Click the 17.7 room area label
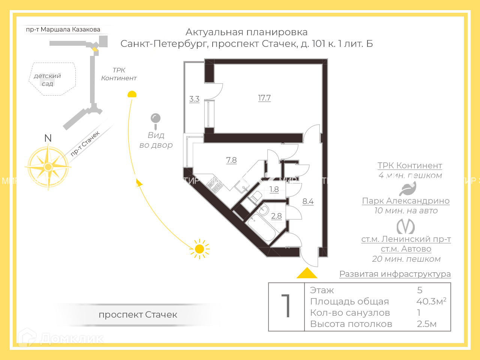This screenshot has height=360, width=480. point(264,98)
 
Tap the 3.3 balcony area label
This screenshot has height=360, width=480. point(194,99)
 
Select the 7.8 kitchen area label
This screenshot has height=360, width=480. point(231,160)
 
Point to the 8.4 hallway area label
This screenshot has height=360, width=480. point(308,201)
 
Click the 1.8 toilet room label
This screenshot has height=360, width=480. point(274,189)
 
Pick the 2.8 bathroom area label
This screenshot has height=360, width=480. point(276,216)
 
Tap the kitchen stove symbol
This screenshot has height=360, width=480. point(215,184)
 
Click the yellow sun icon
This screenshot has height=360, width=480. point(199,249)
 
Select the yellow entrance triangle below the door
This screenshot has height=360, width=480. point(307,273)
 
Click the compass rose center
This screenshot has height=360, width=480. point(48,166)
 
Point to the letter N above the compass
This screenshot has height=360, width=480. point(48,138)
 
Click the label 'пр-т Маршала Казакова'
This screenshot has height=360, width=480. point(63,29)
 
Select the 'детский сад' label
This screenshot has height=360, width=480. point(47,79)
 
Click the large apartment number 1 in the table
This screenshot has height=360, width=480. point(286,306)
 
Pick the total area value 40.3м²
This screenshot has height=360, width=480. point(431,301)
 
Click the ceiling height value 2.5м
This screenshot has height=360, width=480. point(427,324)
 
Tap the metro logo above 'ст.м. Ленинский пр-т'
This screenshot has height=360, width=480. point(406,226)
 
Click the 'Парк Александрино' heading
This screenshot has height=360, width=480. point(406,201)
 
